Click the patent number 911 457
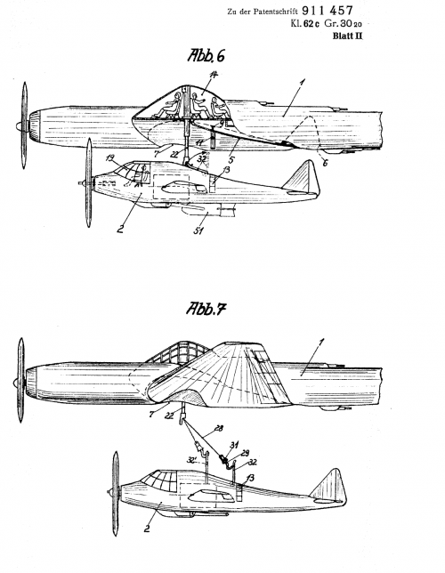click(x=328, y=11)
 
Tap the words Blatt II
click(x=347, y=36)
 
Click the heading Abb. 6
click(x=206, y=55)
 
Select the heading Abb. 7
click(x=206, y=309)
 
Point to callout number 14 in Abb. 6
click(x=214, y=75)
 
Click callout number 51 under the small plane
click(x=198, y=230)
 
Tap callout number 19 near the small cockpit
click(x=110, y=158)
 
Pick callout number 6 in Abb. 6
click(x=325, y=162)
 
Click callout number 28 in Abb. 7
click(x=218, y=428)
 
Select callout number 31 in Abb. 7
click(x=234, y=445)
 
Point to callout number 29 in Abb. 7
click(x=244, y=453)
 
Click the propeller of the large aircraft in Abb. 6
click(x=24, y=125)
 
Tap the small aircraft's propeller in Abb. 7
click(x=115, y=493)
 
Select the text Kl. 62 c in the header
click(x=304, y=24)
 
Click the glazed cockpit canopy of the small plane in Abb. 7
click(x=160, y=480)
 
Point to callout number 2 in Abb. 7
click(x=147, y=529)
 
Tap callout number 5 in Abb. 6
click(x=231, y=159)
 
